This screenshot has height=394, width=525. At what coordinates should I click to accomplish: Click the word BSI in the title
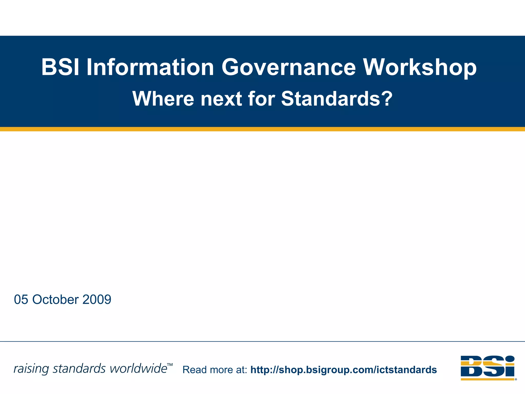60,67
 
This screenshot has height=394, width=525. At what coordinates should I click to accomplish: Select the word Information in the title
150,67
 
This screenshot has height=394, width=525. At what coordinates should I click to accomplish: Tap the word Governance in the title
289,67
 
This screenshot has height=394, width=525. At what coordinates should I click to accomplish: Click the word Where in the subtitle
163,99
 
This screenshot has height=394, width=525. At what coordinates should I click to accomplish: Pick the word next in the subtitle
221,99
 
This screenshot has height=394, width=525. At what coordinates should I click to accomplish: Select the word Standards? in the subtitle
337,99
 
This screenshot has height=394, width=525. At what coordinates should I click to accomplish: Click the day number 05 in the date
21,300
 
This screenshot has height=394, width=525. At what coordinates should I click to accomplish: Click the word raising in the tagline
31,369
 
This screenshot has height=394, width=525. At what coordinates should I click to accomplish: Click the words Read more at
215,370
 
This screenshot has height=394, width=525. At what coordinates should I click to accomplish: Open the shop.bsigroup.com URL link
344,370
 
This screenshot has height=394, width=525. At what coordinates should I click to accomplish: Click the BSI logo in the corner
488,367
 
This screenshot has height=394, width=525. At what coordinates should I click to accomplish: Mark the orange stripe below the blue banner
262,129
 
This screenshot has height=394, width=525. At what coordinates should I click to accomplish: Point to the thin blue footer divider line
262,341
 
